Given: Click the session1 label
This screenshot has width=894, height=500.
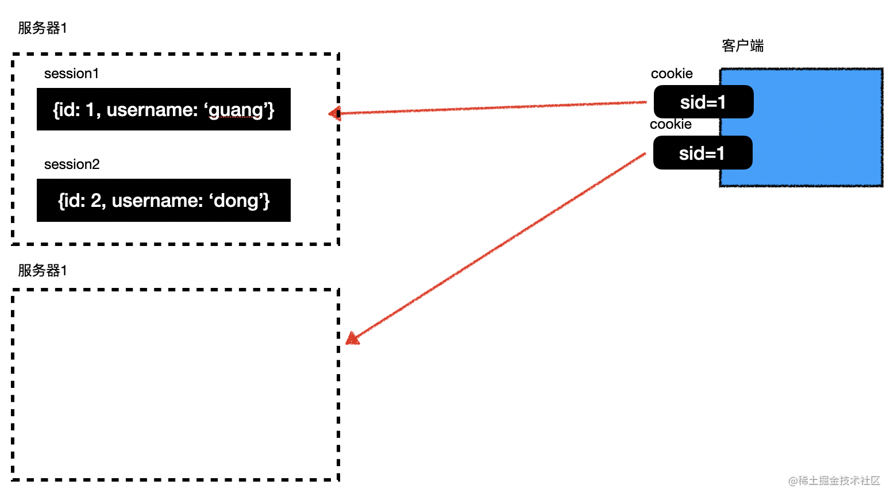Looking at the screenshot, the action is [x=71, y=74].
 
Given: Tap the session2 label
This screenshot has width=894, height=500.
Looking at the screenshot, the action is [x=72, y=164].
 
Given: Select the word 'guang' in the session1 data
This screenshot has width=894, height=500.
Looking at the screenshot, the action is [x=236, y=110].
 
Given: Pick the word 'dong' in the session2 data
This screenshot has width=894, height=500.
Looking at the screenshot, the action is [x=237, y=201].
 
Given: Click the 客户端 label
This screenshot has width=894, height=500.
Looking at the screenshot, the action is [x=743, y=46].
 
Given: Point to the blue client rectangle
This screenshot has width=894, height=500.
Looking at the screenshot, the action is [x=801, y=128].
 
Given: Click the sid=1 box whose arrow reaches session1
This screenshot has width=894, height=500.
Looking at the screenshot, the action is [x=704, y=102].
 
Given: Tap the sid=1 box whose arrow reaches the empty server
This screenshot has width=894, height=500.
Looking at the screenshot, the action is [x=703, y=152].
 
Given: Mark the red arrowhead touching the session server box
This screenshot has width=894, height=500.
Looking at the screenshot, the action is [x=334, y=114].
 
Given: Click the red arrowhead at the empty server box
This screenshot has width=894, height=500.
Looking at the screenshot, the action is [x=352, y=339].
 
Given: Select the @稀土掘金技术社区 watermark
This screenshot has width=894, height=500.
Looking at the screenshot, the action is [x=834, y=480].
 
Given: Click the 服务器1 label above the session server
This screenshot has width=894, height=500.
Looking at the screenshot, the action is [x=43, y=28].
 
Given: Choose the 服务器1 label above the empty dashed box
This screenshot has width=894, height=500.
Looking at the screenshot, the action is [x=43, y=270].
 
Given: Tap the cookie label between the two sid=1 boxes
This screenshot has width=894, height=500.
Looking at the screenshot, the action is [x=670, y=124].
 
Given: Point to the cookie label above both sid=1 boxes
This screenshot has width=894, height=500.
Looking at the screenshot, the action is [x=672, y=74].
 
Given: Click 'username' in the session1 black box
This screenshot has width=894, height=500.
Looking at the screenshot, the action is [x=152, y=109].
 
